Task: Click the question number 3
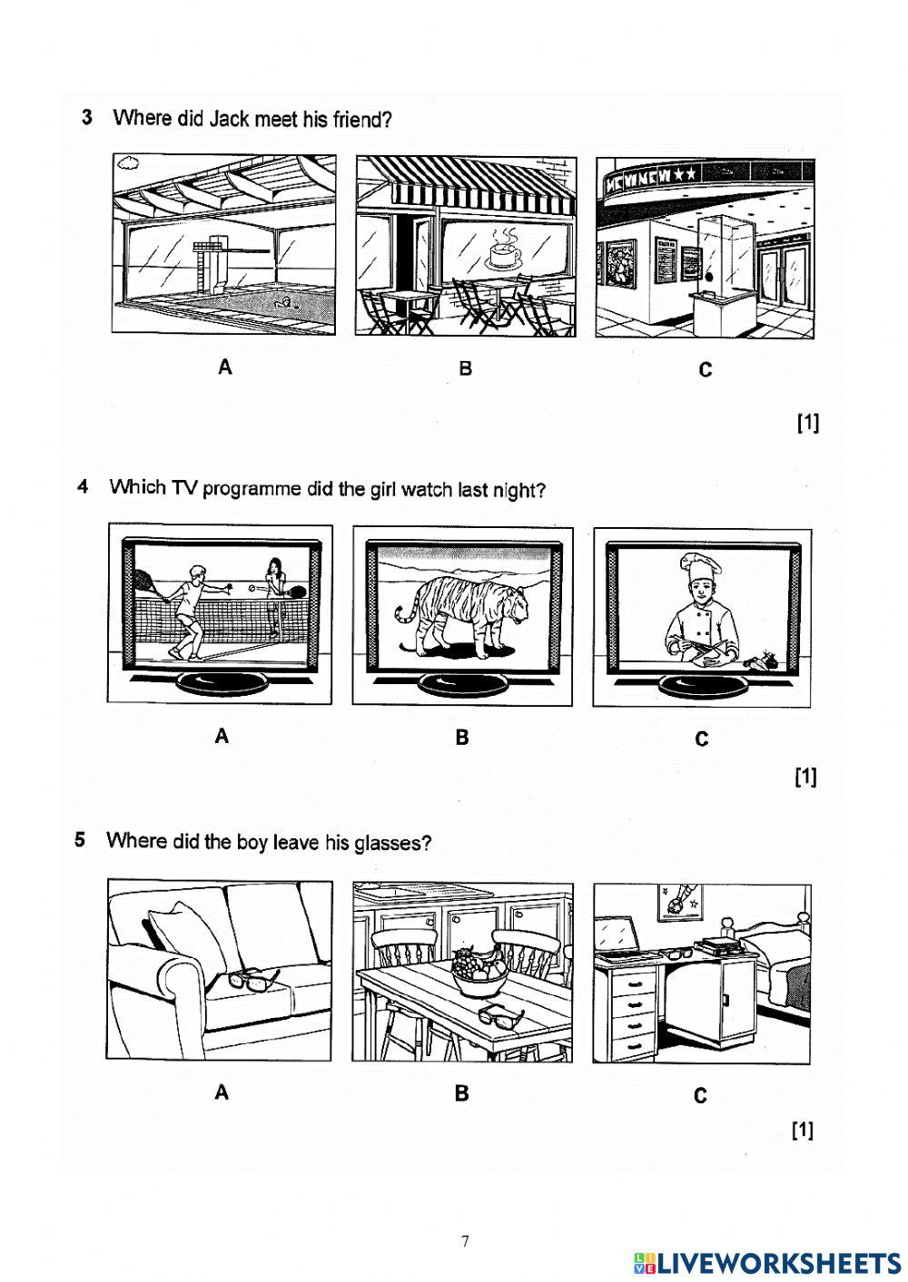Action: [x=87, y=117]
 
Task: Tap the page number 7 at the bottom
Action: [x=465, y=1241]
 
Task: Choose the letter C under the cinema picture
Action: [x=705, y=370]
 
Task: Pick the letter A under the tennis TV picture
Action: [x=222, y=737]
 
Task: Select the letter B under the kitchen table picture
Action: [x=462, y=1093]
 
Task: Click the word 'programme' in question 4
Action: [x=252, y=488]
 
